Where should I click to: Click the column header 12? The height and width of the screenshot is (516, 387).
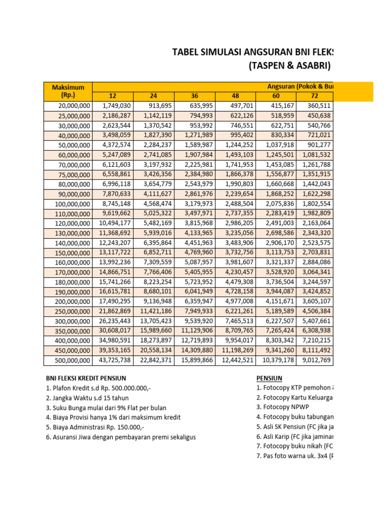[x=112, y=96]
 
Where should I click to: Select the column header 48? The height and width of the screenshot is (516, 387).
[x=235, y=96]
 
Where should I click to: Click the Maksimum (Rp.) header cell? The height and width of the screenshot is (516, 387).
[x=68, y=91]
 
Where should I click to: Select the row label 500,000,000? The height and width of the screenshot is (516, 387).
[x=69, y=361]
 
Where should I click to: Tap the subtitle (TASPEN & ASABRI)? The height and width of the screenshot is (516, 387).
[x=290, y=66]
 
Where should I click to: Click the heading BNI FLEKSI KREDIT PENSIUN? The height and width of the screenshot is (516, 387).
[x=86, y=378]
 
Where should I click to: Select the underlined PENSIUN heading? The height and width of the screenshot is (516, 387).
[x=269, y=378]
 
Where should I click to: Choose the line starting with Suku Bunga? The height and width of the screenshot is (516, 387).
[x=106, y=408]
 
